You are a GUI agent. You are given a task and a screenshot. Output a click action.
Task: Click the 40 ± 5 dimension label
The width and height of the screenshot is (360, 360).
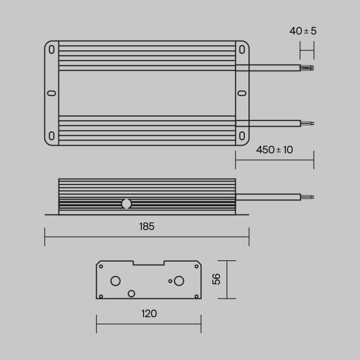coord(303,31)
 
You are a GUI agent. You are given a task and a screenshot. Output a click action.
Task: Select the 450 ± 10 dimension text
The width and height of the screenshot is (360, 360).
coord(274,150)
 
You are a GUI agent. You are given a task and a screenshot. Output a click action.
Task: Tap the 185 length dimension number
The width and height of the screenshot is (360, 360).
coord(147,226)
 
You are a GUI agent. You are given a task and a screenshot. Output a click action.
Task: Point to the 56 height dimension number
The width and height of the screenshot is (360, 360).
coord(217,279)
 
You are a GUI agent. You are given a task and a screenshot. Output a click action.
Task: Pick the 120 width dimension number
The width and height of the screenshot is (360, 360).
coord(149,314)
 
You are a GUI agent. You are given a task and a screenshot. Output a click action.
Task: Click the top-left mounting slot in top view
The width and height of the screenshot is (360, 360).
coord(51,50)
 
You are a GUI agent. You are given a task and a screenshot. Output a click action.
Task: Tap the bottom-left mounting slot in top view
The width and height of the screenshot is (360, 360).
coord(51,136)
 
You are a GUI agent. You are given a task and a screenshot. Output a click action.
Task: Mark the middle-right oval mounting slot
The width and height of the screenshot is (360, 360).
coord(242,93)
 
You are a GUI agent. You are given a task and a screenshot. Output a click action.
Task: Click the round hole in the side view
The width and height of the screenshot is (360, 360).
coord(126,204)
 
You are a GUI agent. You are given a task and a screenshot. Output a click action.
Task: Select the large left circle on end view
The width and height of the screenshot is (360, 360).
coord(116,281)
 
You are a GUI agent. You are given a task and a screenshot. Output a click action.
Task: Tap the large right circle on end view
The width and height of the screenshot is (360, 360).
coord(179,281)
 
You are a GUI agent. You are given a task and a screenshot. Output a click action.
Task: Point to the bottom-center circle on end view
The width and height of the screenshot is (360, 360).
coord(131,293)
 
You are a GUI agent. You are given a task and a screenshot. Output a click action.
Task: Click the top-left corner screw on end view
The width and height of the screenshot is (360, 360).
coord(101,266)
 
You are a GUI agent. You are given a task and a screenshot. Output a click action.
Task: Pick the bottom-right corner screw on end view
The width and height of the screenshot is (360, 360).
coord(196,296)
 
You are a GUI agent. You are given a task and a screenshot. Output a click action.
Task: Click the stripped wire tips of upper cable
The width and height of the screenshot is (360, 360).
coord(307,67)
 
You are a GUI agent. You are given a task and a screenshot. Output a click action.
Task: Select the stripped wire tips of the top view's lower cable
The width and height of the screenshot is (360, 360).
coord(307,123)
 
